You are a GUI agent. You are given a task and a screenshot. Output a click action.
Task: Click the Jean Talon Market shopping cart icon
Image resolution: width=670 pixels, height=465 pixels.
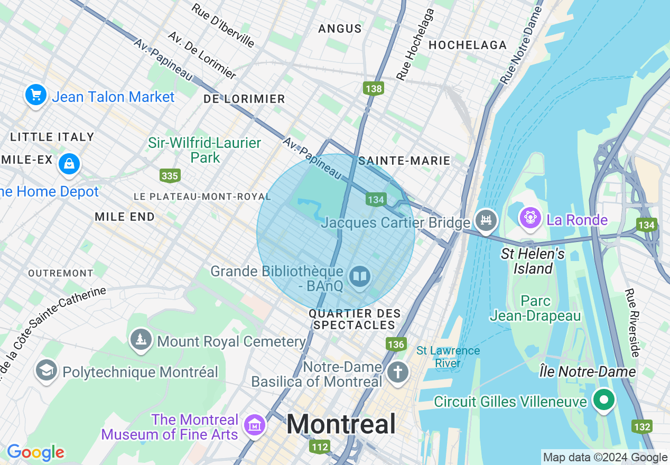coord(36,96)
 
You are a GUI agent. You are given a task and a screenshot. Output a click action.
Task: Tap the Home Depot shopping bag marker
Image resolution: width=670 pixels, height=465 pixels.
coord(69,163)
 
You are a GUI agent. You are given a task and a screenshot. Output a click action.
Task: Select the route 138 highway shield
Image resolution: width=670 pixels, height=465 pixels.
coord(374,88)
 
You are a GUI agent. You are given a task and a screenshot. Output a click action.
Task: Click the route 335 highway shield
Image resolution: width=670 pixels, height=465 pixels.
coord(170,175)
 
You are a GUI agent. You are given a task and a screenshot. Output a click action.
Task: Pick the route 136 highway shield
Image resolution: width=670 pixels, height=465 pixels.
coord(396,345)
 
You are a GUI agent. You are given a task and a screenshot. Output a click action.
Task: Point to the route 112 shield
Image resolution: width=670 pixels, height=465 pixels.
coord(320,447)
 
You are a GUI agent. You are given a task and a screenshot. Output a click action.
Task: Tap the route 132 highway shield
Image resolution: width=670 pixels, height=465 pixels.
coord(641,426)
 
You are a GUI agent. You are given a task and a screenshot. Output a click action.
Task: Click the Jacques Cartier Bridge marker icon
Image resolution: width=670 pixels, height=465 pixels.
coord(486,219)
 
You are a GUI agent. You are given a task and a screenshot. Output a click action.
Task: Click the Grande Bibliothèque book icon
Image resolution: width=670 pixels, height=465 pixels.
coord(360,276)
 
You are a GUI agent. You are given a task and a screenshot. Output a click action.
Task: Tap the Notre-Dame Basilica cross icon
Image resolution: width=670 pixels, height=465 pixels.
coord(398,373)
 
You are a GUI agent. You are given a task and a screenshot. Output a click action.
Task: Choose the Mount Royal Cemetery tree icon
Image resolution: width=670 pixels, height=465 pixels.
coord(141,339)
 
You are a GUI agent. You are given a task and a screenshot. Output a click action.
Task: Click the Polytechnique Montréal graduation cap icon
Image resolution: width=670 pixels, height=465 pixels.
coord(46,370)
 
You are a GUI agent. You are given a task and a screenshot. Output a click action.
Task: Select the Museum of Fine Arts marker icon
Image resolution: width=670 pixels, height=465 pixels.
coord(254,425)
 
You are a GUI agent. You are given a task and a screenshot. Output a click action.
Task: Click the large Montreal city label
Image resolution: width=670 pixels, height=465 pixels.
coord(341,424)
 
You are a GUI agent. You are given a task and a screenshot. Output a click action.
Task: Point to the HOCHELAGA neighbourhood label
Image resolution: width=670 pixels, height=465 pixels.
coord(468,45)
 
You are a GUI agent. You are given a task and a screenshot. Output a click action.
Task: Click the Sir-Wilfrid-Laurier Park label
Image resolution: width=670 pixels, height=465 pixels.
coord(204,150)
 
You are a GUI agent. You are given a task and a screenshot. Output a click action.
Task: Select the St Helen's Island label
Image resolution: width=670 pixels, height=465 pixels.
coord(533,261)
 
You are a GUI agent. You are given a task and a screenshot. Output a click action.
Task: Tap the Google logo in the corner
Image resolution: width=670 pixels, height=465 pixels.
coord(35,452)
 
